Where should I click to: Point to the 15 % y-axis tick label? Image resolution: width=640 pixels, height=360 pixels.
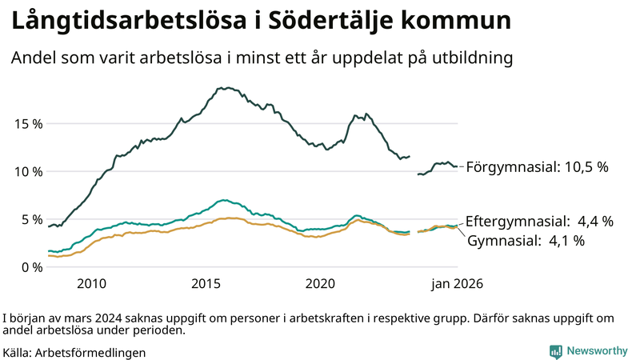click(27, 124)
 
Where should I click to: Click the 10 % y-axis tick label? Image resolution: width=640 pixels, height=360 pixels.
click(27, 171)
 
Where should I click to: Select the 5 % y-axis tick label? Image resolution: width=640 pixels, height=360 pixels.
click(30, 219)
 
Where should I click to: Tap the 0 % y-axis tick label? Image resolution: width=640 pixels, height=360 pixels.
click(30, 267)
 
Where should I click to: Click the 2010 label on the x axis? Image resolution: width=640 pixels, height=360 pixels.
click(91, 284)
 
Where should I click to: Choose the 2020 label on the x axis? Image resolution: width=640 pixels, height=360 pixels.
click(320, 284)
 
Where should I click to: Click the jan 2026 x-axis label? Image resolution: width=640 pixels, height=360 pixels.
click(458, 284)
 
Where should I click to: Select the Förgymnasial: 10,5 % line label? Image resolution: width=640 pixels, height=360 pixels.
click(537, 167)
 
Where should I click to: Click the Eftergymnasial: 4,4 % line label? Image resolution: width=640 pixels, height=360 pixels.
click(539, 221)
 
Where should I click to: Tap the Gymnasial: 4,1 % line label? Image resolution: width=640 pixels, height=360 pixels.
click(527, 240)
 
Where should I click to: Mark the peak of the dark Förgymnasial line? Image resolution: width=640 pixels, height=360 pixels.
click(228, 88)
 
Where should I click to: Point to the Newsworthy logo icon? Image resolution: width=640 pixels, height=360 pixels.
click(555, 351)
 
